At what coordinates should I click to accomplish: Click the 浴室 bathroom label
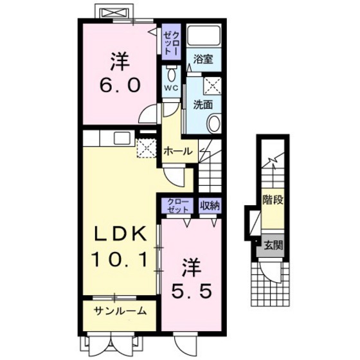tap(203, 59)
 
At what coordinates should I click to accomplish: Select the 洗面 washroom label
tap(203, 105)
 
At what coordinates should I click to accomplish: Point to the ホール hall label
tap(178, 151)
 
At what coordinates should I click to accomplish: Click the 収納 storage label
tap(210, 206)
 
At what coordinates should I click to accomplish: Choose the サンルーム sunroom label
tap(120, 311)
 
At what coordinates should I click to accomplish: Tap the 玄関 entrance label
tap(273, 246)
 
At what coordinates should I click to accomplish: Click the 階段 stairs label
tap(273, 200)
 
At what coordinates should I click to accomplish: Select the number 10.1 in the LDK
tap(119, 260)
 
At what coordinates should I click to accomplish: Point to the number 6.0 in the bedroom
tap(120, 84)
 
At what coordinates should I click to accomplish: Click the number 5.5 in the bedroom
tap(192, 292)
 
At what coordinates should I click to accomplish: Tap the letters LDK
tap(121, 233)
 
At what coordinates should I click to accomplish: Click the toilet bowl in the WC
tap(171, 74)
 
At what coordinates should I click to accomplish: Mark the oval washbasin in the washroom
tap(214, 123)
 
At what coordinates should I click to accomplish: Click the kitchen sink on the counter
tap(122, 138)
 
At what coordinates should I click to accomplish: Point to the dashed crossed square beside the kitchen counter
tap(147, 148)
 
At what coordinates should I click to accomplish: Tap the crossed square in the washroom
tap(213, 85)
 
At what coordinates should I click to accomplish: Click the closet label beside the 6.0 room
tap(171, 42)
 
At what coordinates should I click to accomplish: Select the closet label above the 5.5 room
tap(178, 206)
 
